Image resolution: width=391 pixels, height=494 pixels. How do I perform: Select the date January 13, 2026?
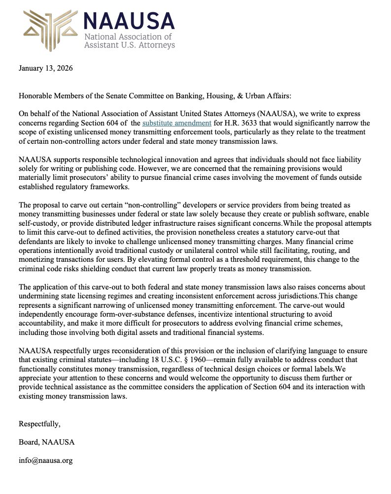click(x=45, y=68)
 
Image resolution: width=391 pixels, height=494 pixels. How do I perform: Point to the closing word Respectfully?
click(x=39, y=423)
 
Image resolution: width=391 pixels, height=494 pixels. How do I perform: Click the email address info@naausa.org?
click(x=45, y=460)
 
